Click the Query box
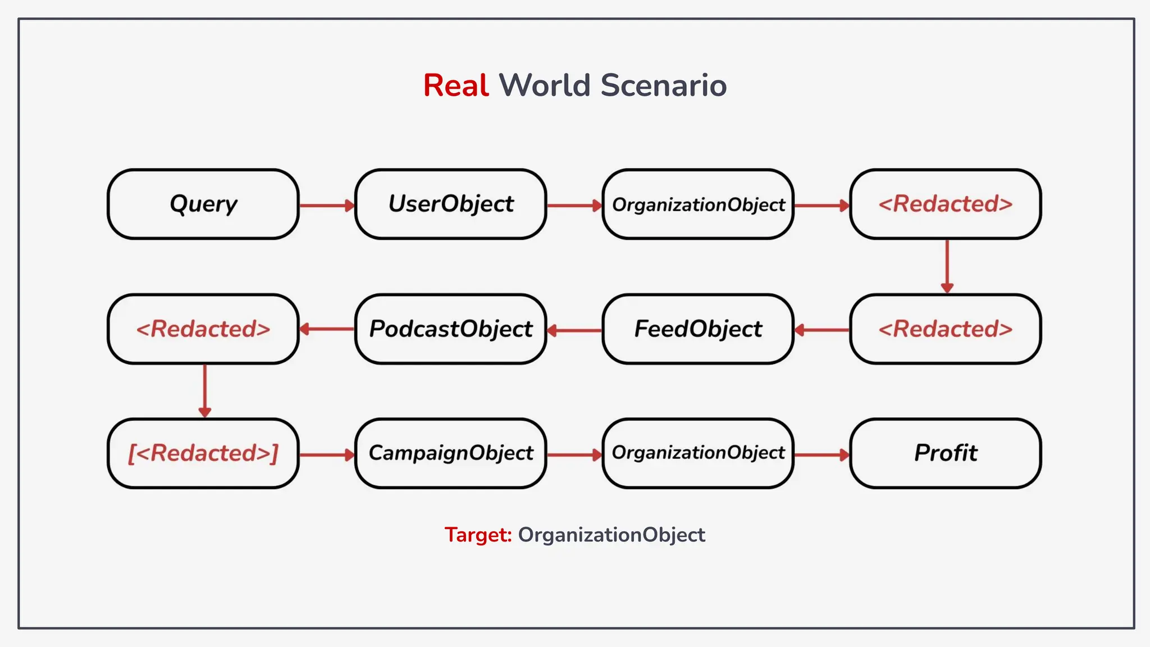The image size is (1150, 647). [x=203, y=204]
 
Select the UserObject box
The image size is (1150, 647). [x=451, y=204]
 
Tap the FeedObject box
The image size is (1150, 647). [x=698, y=329]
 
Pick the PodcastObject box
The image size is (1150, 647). [x=451, y=329]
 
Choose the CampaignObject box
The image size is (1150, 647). [x=451, y=453]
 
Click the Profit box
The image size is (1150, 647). [x=946, y=453]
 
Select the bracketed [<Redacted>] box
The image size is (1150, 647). [x=203, y=453]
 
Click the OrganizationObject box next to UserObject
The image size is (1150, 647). [x=698, y=204]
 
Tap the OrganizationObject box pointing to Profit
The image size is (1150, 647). [x=698, y=453]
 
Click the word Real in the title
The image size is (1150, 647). [x=456, y=86]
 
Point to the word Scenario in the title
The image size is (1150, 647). [x=663, y=86]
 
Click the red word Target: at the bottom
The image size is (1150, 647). [x=478, y=535]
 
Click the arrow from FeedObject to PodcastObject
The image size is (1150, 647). [x=574, y=330]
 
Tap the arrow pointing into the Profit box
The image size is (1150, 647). [x=822, y=454]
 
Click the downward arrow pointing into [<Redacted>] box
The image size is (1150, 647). [x=205, y=390]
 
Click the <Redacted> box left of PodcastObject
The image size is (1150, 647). [x=203, y=329]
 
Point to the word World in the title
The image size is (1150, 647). [x=545, y=86]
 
